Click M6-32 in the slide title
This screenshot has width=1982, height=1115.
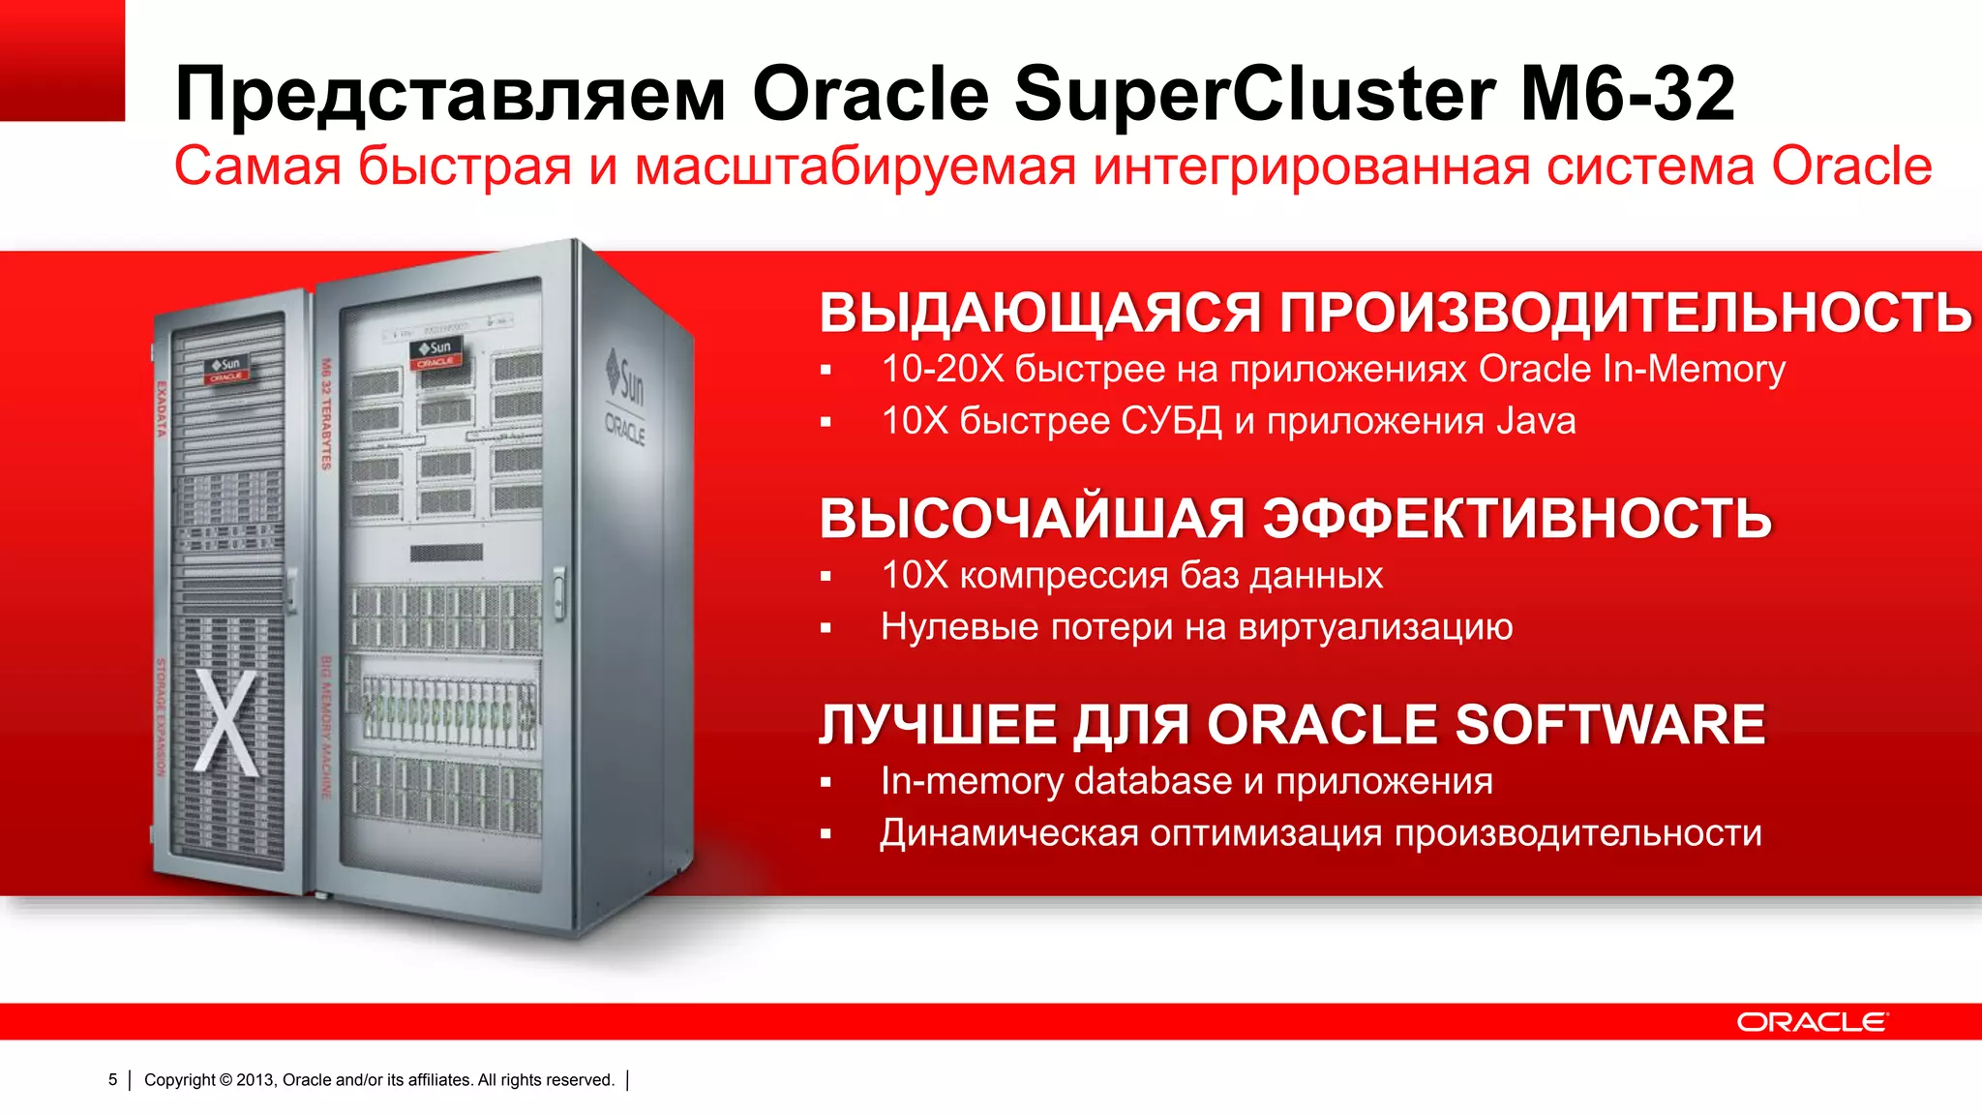(x=1627, y=94)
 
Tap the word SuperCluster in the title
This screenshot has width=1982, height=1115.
(x=1254, y=94)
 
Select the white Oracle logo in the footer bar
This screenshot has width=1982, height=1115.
(x=1811, y=1022)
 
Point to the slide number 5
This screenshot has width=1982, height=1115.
(x=112, y=1079)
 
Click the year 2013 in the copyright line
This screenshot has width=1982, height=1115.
(x=255, y=1079)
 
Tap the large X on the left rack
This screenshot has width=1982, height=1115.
(x=228, y=721)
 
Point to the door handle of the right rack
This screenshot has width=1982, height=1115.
(x=558, y=592)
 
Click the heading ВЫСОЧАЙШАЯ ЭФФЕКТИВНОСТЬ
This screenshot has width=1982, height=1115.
(x=1295, y=518)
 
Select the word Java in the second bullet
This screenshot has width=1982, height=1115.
(x=1536, y=421)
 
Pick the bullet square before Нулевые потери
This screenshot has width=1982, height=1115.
(x=826, y=628)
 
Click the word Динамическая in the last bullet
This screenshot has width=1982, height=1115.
(x=1008, y=833)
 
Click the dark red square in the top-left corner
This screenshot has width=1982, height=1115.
(x=62, y=60)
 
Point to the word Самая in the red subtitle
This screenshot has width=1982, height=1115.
(x=257, y=166)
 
